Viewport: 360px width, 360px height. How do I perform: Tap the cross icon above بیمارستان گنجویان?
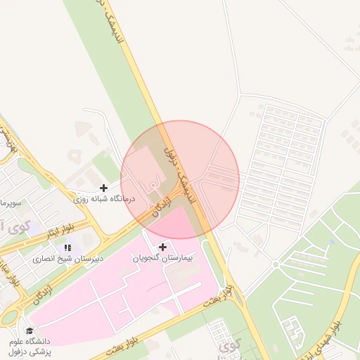pos(163,247)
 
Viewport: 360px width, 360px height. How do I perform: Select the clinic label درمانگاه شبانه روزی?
pos(104,200)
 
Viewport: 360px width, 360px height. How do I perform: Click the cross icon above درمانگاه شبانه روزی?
pos(104,188)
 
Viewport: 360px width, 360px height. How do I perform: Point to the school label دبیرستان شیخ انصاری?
pos(67,258)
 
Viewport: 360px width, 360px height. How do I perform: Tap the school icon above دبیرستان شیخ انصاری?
pos(67,247)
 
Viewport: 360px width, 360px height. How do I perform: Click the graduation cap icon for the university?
pos(30,330)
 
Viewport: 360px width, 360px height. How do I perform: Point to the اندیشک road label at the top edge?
pos(112,21)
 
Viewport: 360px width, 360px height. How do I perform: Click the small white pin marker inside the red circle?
pos(154,185)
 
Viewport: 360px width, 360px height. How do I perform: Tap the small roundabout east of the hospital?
pos(276,264)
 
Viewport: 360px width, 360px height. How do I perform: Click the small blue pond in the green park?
pos(331,243)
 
